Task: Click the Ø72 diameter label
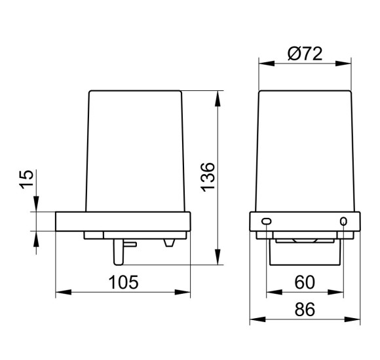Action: pos(305,54)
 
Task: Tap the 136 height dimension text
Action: pos(208,177)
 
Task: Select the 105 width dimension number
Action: pos(123,282)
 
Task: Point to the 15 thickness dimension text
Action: pos(26,179)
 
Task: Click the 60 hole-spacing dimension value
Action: pos(305,282)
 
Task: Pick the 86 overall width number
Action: pos(305,309)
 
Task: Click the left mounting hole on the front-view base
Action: pos(267,221)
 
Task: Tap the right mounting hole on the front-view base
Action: pos(343,221)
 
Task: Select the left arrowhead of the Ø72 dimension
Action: pos(267,63)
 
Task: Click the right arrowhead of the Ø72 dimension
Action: pos(343,63)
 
